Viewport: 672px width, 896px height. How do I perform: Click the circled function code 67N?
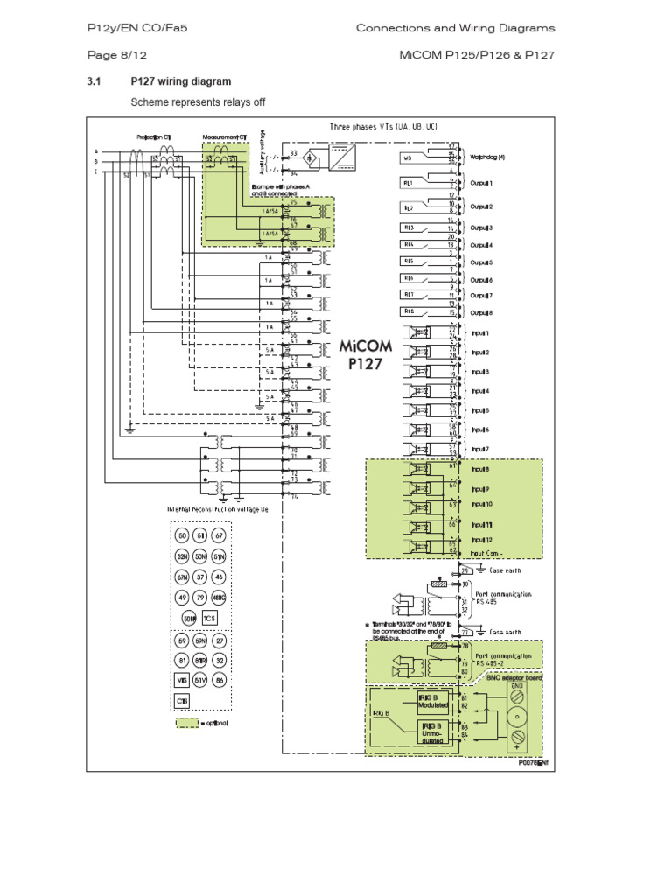click(182, 577)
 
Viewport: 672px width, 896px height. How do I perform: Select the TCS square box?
click(209, 618)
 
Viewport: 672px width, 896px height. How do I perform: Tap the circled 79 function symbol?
click(200, 598)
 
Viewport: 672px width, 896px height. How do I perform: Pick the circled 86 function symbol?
click(220, 680)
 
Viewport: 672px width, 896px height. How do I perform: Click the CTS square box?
click(182, 701)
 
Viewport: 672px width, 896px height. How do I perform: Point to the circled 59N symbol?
click(200, 640)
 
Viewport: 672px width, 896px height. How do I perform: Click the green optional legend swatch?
click(185, 724)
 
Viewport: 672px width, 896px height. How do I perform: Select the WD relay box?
click(409, 159)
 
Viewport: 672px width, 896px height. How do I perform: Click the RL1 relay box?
click(409, 183)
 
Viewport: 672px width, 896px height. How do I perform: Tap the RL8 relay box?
click(409, 311)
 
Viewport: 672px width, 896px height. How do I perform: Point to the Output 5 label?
click(481, 262)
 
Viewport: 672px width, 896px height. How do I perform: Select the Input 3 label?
click(480, 372)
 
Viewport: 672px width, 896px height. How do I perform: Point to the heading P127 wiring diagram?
click(181, 81)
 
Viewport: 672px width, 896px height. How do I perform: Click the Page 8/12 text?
click(108, 55)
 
